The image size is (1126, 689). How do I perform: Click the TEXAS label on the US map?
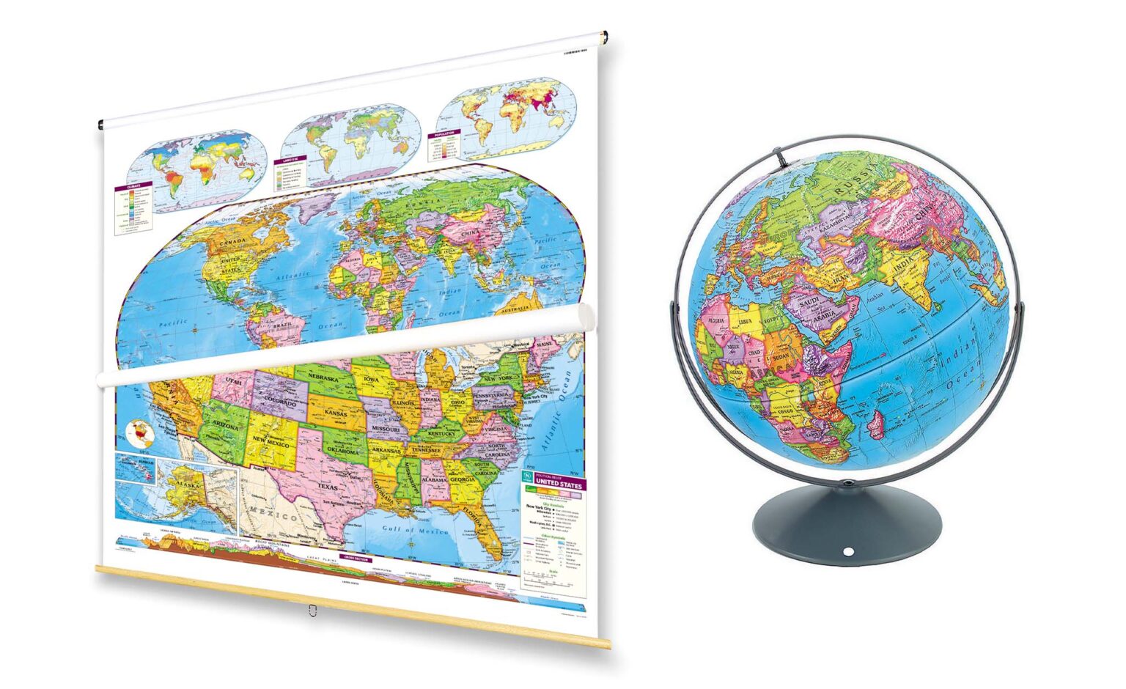click(x=327, y=487)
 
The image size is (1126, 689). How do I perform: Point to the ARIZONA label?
click(x=224, y=426)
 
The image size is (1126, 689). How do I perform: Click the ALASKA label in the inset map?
click(x=186, y=484)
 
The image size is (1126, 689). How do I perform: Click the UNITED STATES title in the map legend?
click(x=558, y=484)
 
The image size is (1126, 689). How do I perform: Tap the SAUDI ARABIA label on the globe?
click(x=813, y=307)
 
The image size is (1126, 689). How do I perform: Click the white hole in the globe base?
click(x=848, y=551)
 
